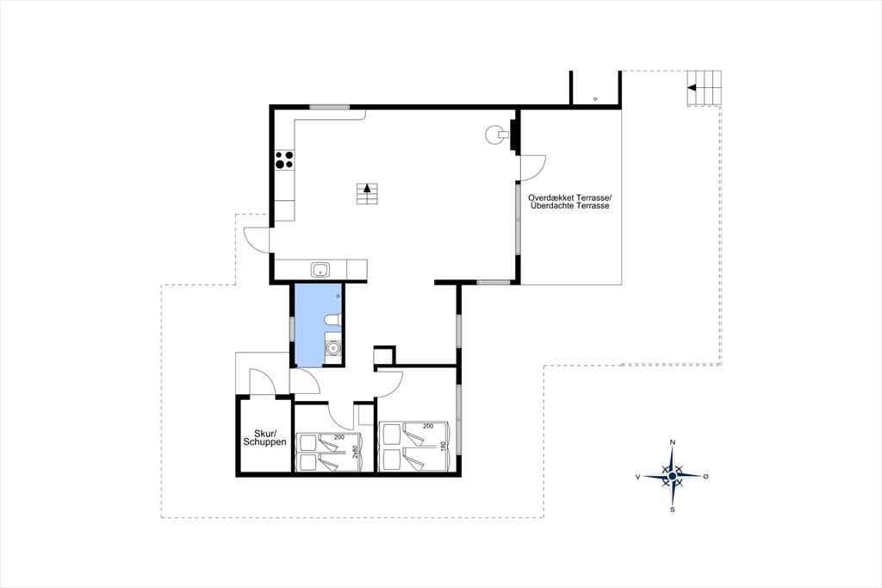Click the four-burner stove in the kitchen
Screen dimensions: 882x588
284,160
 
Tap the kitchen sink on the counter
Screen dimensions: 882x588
321,270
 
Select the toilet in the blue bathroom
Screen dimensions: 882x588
332,321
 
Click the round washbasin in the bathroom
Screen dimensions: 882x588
333,348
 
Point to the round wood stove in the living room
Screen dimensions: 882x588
494,134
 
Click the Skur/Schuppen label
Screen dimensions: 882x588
264,438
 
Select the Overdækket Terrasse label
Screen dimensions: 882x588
569,198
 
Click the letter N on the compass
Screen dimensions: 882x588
672,442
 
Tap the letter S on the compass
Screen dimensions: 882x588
672,510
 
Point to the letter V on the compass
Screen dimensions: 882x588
638,477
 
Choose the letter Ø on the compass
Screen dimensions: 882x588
706,477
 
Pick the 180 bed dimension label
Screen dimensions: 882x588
444,446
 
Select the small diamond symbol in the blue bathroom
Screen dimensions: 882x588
339,295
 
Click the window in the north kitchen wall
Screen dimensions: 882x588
329,107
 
